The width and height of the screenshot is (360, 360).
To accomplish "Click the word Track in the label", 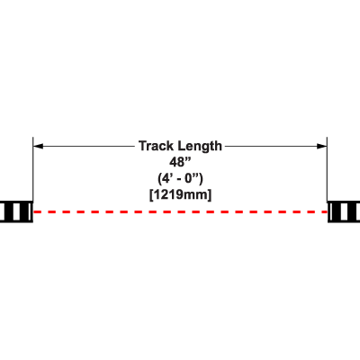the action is click(x=157, y=146).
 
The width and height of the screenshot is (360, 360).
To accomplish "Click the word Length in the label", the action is click(x=200, y=147).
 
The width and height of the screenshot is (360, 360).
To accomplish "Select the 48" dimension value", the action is click(x=180, y=162).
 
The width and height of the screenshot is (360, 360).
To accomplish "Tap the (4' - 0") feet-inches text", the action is click(x=180, y=179).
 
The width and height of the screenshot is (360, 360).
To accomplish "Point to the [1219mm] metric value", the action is click(x=180, y=195).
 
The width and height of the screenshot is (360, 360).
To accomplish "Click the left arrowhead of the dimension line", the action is click(x=38, y=146).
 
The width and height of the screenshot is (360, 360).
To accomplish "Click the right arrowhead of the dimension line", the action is click(x=322, y=146).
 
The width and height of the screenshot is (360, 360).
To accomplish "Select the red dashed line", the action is click(x=180, y=211).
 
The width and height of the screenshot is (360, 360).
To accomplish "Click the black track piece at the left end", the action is click(x=16, y=211).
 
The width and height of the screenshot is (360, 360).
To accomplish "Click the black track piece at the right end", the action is click(x=344, y=211).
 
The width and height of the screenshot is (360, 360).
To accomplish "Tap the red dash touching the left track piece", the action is click(x=37, y=211).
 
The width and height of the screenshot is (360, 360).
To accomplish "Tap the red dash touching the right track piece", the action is click(x=324, y=211).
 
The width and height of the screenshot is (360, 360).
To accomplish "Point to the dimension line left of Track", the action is click(x=85, y=146).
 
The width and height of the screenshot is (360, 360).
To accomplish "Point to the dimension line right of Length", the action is click(x=275, y=146).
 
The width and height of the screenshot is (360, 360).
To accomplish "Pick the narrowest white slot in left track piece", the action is click(x=29, y=211).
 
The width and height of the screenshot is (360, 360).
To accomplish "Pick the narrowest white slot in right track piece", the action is click(x=331, y=211).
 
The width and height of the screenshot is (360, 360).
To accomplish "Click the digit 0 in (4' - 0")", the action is click(x=189, y=179).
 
